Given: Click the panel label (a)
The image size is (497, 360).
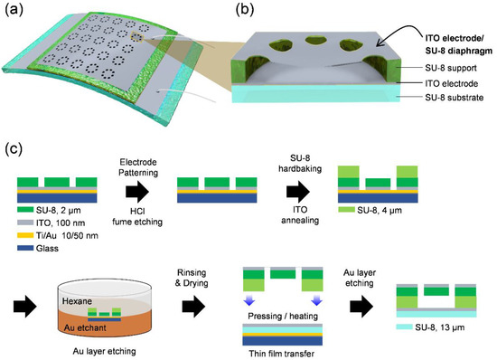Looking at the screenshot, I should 15,12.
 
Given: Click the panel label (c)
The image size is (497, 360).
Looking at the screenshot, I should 15,148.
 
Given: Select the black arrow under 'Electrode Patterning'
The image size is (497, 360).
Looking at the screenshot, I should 143,193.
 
